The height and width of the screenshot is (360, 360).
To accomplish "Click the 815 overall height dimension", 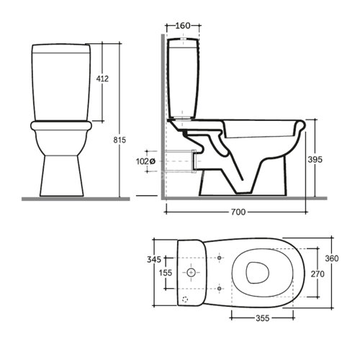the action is pos(120,140).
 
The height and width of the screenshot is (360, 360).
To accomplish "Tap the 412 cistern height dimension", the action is pos(102,78).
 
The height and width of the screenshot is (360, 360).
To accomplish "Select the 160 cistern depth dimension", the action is pos(183,25).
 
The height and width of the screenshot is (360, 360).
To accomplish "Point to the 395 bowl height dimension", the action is pos(315,159).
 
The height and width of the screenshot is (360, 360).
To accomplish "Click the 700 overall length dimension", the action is pos(238,212).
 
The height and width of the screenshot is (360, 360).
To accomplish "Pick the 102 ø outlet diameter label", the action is pos(145,161).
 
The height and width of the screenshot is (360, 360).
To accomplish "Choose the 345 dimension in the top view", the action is pos(154,259).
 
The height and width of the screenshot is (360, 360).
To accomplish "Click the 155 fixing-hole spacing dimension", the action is pos(166,273).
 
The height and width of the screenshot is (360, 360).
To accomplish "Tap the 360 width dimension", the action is pos(332,258).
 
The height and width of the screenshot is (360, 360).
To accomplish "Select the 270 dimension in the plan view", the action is pos(318,274).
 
